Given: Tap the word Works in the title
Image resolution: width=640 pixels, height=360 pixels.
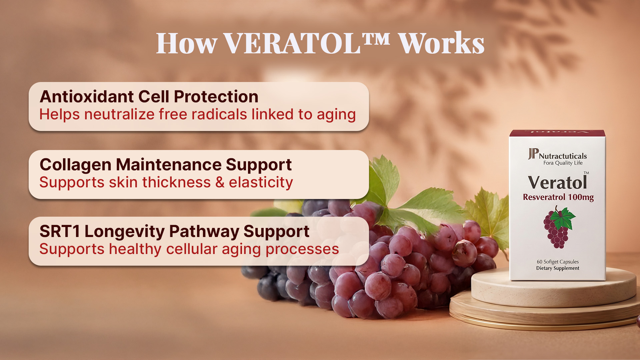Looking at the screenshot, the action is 442,43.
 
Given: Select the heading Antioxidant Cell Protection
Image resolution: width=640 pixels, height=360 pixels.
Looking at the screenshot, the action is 149,97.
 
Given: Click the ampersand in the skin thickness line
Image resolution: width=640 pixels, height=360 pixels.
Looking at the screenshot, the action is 220,183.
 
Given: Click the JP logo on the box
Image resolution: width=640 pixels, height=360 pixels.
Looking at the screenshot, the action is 533,154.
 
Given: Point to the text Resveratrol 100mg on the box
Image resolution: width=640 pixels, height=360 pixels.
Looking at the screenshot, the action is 558,197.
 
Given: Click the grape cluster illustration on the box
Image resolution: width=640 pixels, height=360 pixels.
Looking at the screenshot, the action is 559,227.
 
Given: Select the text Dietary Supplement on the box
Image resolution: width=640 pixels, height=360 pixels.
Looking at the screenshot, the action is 558,268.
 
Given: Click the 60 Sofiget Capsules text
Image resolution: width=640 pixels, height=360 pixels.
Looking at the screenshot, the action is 558,262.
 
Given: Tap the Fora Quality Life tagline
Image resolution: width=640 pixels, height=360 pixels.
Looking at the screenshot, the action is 563,163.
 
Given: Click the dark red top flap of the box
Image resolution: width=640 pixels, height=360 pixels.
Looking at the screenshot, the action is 557,133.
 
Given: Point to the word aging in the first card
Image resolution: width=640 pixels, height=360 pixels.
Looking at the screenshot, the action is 336,115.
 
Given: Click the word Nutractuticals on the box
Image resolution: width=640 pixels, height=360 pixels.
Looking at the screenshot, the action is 563,156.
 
